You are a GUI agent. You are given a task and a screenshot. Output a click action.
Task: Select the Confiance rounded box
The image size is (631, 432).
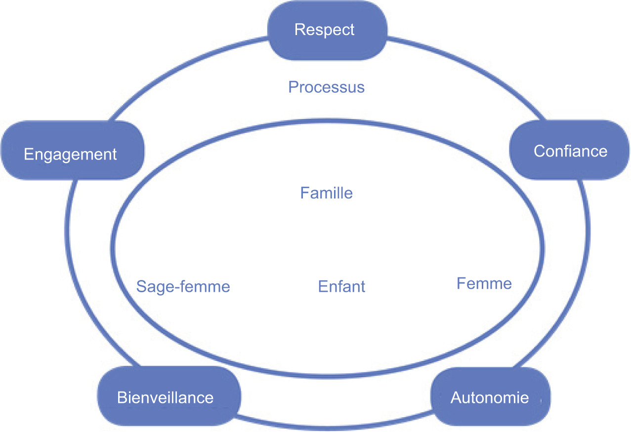point(570,150)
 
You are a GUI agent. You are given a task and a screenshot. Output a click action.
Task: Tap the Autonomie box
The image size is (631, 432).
point(490,397)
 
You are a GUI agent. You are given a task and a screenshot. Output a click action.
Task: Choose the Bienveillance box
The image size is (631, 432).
point(166,397)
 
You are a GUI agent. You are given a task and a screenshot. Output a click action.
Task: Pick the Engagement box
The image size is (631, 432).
point(71,154)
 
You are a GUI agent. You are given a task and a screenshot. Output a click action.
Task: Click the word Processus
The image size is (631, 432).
point(326,87)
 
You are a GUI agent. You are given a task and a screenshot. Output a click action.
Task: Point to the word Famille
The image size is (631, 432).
point(326,193)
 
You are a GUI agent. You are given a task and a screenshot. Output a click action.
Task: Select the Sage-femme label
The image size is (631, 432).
point(183,286)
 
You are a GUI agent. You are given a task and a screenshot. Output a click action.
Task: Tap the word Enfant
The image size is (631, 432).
point(341,286)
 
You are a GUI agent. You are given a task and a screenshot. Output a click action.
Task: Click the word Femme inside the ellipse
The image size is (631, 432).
point(484,284)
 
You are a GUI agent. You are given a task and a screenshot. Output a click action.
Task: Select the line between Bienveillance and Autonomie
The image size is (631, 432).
point(336,425)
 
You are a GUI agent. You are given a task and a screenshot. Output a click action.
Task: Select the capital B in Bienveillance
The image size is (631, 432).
point(122,397)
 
